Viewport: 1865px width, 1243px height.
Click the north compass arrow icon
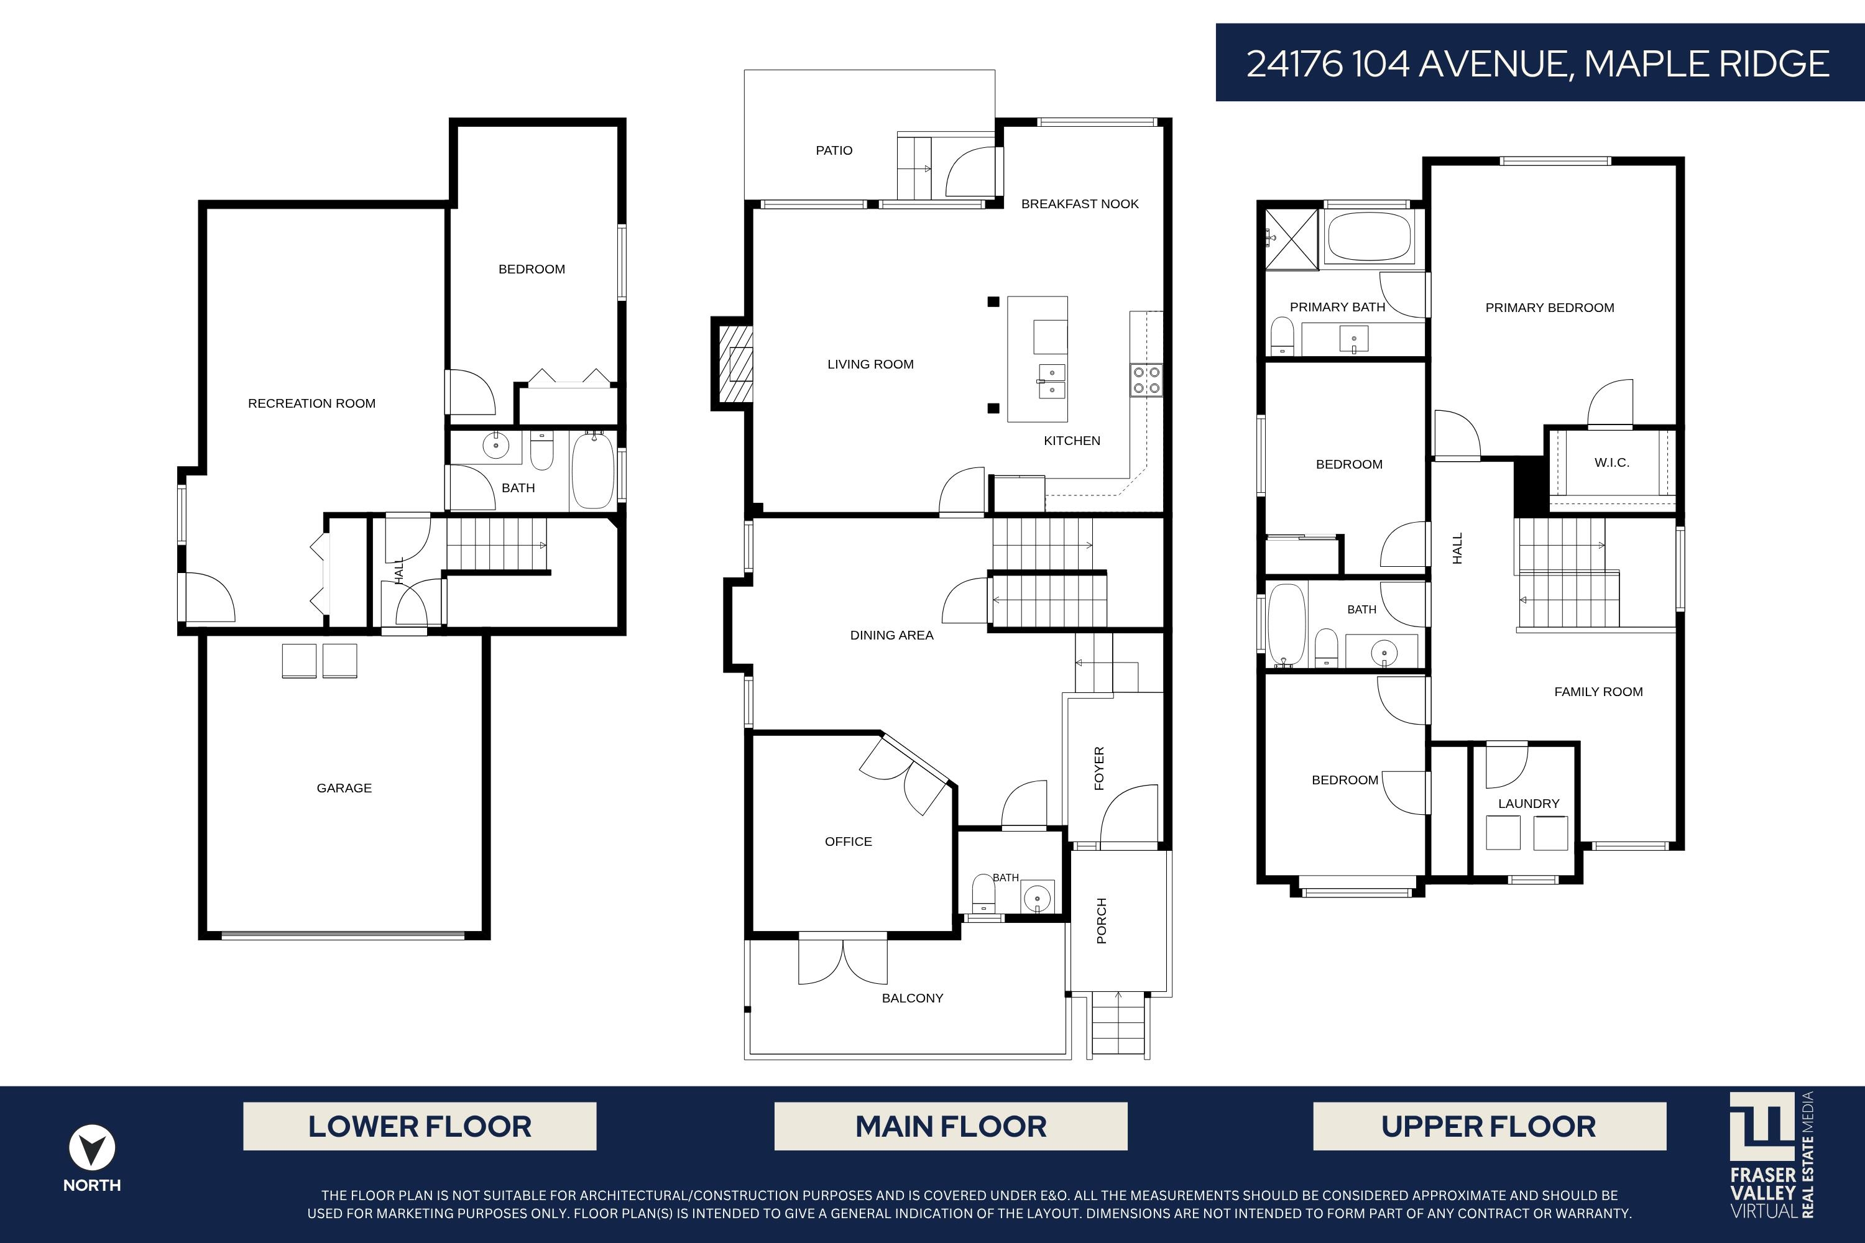point(92,1148)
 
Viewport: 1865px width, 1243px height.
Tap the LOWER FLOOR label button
point(420,1126)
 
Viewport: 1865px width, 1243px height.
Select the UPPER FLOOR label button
point(1489,1126)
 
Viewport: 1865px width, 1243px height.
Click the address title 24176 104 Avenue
point(1538,63)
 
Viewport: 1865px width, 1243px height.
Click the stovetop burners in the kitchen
point(1146,380)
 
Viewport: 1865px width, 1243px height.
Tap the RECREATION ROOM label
point(311,403)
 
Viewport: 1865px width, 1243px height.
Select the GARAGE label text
point(344,788)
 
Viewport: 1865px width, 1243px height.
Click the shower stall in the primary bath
point(1291,238)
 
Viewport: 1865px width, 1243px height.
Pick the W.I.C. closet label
point(1612,462)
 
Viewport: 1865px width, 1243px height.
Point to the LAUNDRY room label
point(1529,804)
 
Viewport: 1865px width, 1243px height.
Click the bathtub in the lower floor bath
point(593,470)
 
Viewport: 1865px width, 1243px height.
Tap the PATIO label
point(834,150)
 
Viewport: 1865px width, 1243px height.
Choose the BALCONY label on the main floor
point(913,998)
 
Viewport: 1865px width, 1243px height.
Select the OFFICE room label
point(849,842)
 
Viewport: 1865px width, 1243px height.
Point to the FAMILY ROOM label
point(1598,692)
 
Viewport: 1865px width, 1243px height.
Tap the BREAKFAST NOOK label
point(1080,204)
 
